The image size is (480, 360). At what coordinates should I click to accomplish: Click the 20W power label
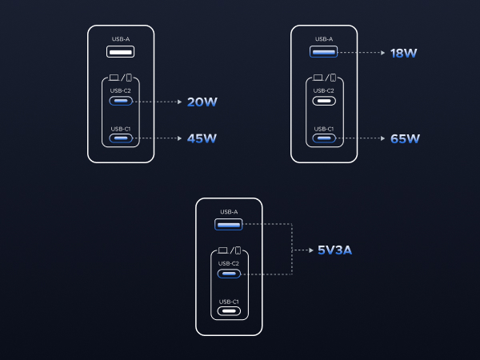coord(202,102)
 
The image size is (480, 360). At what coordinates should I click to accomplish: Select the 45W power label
coord(202,138)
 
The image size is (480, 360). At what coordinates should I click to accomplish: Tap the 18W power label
coord(403,53)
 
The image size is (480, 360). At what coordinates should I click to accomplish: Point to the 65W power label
coord(405,138)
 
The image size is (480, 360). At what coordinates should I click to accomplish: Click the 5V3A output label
coord(334,250)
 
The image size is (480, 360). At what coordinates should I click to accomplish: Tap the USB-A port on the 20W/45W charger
coord(120,52)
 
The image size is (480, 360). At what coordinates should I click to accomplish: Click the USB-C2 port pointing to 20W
coord(121,101)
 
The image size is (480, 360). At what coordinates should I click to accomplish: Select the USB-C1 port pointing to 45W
coord(121,138)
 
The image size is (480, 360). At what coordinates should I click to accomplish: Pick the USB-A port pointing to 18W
coord(323,52)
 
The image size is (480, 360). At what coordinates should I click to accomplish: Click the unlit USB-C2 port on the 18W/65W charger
coord(324,101)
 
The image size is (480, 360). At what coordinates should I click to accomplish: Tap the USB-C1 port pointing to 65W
coord(324,138)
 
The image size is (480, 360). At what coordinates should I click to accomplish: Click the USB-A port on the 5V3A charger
coord(228,224)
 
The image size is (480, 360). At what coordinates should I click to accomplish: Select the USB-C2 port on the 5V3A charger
coord(229,274)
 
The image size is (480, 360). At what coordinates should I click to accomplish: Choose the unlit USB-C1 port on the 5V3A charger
coord(229,311)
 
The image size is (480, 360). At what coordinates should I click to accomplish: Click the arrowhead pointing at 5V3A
coord(311,250)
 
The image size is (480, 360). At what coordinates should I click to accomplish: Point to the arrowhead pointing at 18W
coord(382,53)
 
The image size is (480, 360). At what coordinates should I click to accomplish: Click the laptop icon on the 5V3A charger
coord(223,250)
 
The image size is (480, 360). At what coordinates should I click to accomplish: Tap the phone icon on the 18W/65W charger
coord(333,78)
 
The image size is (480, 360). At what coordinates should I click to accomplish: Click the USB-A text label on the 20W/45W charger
coord(121,39)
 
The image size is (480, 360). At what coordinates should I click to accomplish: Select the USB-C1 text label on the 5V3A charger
coord(229,302)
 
